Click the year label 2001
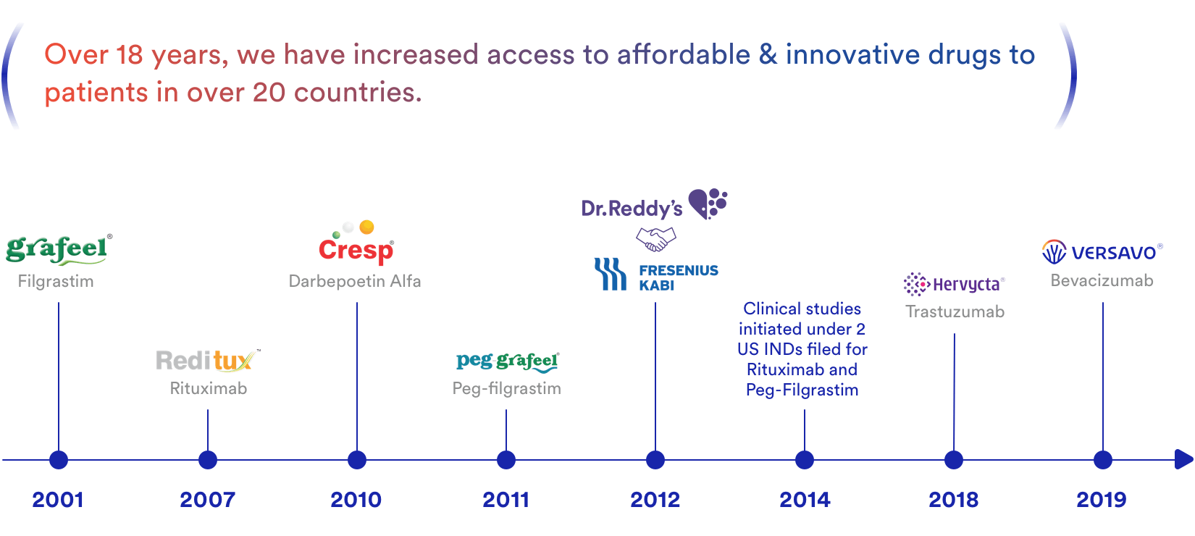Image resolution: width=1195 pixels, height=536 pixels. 58,500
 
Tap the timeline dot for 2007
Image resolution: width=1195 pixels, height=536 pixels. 208,460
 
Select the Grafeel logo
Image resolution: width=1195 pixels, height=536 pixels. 58,249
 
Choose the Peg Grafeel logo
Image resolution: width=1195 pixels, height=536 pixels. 507,361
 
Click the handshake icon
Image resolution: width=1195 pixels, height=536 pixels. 655,238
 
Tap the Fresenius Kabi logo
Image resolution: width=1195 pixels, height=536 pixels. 656,275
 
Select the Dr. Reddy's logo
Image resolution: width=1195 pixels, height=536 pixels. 654,205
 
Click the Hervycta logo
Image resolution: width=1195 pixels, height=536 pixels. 954,284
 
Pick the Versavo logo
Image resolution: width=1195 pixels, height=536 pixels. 1102,252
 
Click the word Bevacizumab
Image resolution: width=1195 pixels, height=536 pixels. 1102,281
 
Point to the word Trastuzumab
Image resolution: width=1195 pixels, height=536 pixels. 955,312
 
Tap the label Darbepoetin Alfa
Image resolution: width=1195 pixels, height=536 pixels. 355,281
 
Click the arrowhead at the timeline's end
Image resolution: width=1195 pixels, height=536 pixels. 1183,459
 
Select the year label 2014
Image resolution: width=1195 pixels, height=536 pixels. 805,500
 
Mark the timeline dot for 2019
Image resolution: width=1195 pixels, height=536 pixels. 1103,460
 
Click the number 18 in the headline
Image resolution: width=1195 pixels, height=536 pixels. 130,55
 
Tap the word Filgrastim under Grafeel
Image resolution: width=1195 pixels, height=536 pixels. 56,281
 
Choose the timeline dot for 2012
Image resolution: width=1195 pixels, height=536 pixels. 655,460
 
